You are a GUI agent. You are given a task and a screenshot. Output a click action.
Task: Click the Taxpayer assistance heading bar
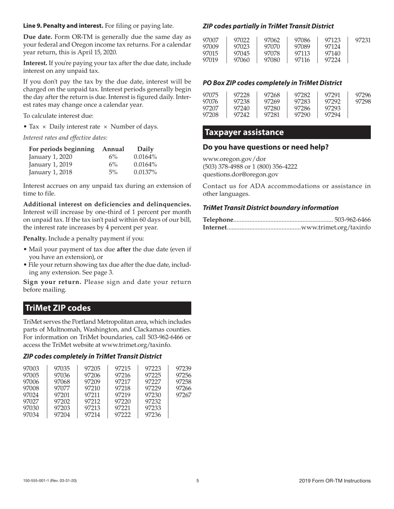tap(286, 132)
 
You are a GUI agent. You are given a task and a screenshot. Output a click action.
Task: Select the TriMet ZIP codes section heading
tap(107, 308)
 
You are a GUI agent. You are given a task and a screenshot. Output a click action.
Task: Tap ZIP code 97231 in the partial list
tap(363, 40)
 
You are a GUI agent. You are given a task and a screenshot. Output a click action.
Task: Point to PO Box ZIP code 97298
tap(363, 102)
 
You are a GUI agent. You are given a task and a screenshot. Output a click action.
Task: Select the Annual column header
tap(113, 149)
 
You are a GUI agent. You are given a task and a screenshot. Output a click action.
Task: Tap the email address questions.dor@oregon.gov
tap(240, 175)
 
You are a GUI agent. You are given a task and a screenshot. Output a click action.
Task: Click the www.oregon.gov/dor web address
tap(234, 159)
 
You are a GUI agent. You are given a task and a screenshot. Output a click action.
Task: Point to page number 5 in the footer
tap(197, 481)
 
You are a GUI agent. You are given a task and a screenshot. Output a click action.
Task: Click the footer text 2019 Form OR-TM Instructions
tap(335, 481)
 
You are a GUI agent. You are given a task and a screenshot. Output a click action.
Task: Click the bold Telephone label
tap(218, 220)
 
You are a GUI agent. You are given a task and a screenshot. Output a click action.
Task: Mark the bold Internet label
tap(214, 228)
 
